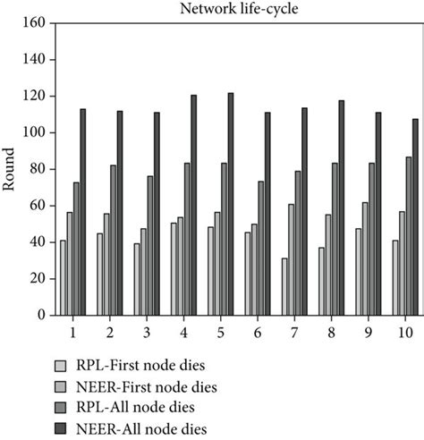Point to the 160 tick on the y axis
tap(35, 23)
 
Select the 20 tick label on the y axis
tap(38, 278)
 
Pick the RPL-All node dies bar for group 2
tap(114, 240)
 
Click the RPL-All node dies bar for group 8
tap(334, 239)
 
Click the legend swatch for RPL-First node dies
tap(61, 365)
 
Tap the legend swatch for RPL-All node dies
tap(61, 406)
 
